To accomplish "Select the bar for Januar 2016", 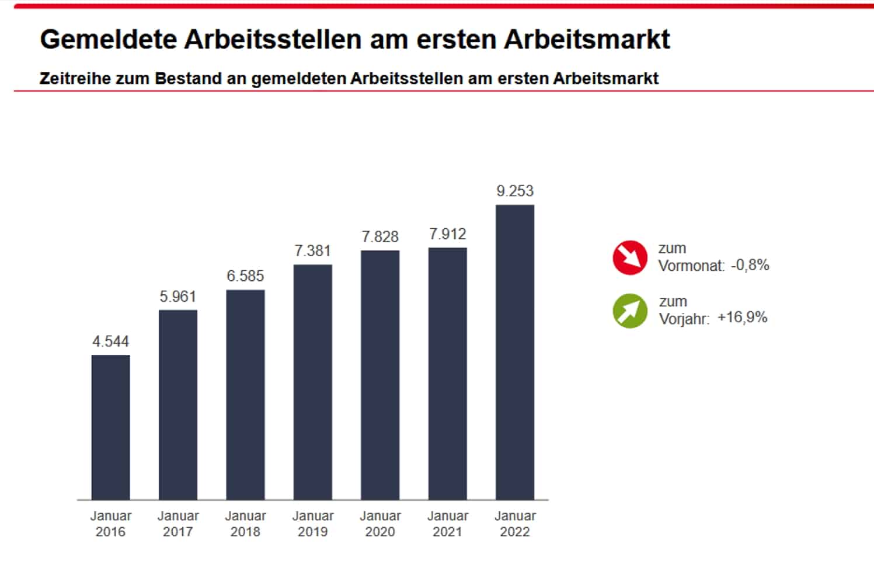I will (110, 427).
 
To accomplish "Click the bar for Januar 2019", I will (312, 382).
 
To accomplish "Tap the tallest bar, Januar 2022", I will (514, 352).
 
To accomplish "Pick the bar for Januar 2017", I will (177, 405).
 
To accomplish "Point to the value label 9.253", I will (514, 191).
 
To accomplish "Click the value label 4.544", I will (110, 341).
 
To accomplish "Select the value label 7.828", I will (380, 236).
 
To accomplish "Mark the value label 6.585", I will (245, 276).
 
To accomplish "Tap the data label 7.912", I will (447, 234).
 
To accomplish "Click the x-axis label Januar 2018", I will (245, 524).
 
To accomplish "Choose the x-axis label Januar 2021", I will (447, 524).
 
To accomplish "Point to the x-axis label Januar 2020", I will (380, 524).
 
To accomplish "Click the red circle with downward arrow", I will (630, 257).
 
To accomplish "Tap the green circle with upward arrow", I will (630, 311).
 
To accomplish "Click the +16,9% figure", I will (742, 318).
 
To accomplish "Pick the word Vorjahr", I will (684, 319).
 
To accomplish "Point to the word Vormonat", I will (691, 266).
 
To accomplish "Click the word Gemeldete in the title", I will (108, 39).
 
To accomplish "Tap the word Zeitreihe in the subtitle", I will (74, 78).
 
